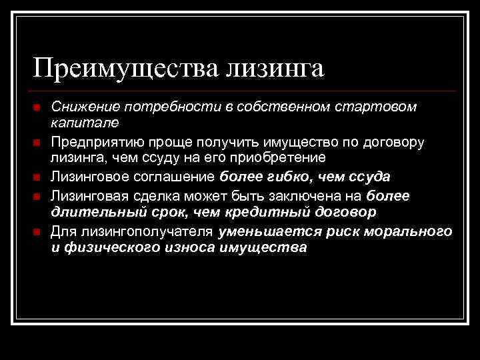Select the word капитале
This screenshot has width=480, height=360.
click(x=85, y=123)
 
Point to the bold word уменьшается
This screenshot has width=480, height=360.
click(x=267, y=231)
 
